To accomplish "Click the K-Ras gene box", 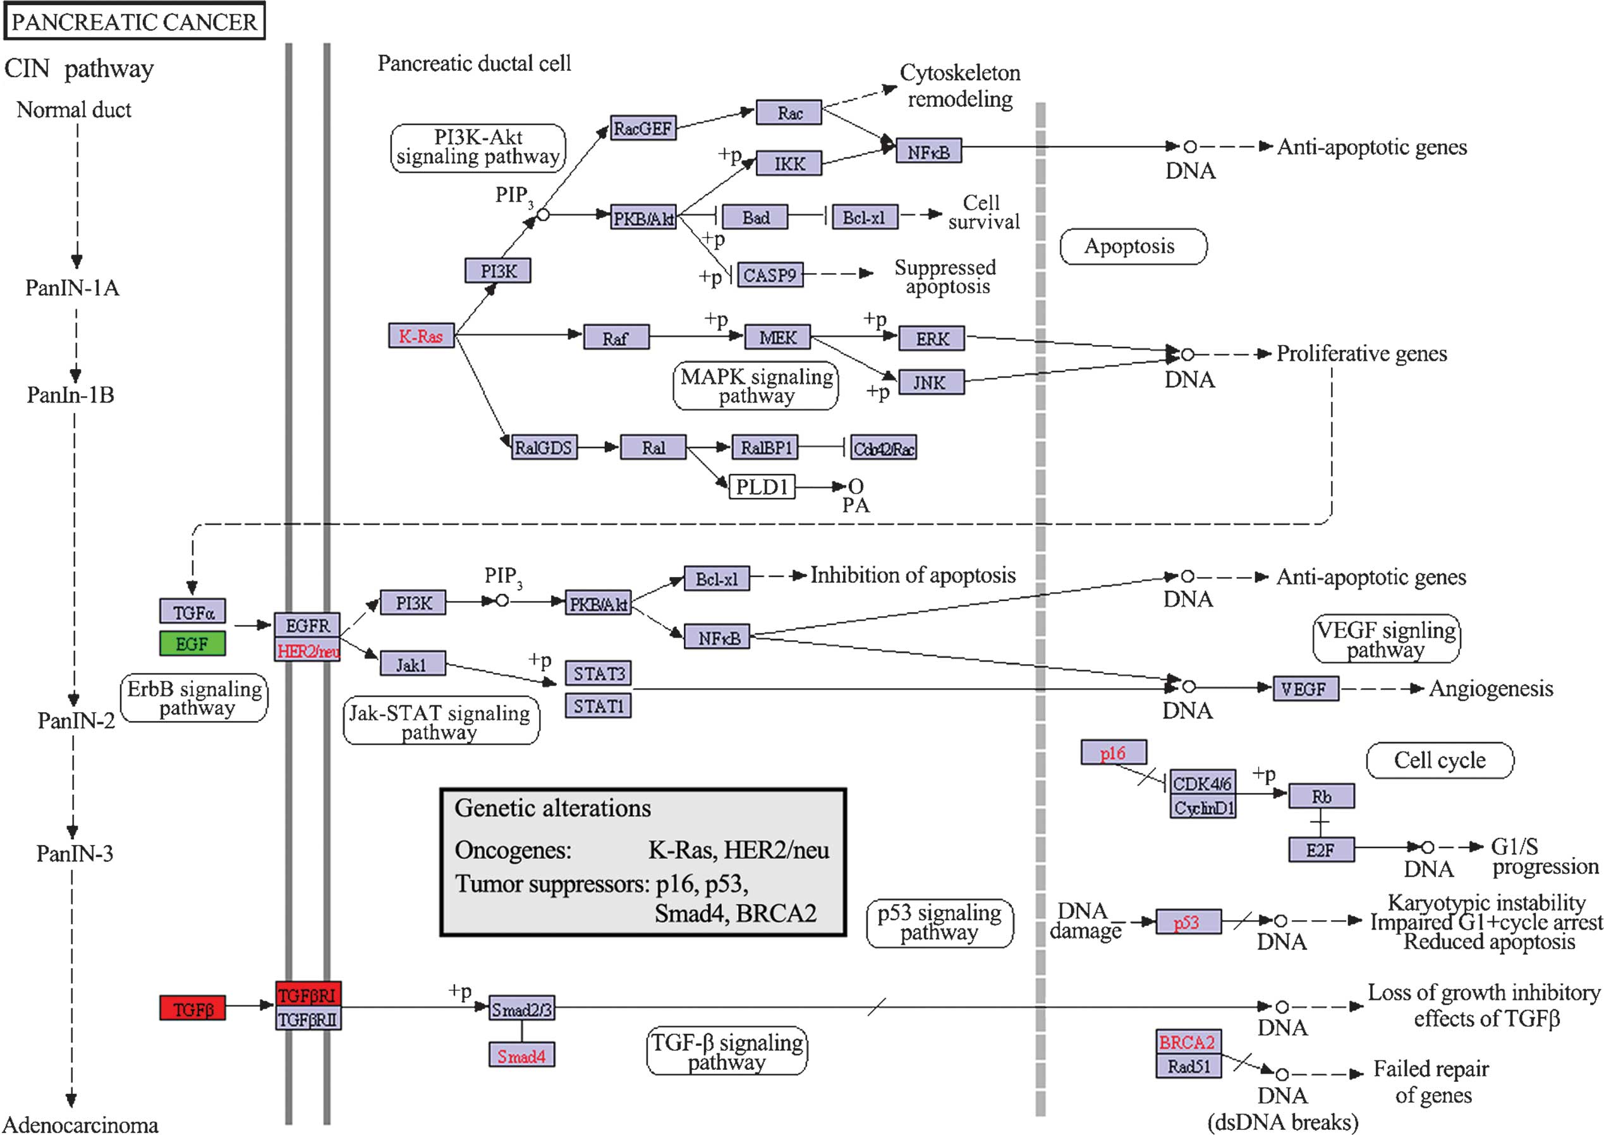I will coord(421,336).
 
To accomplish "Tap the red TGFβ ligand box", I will coord(192,1009).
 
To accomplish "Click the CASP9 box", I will coord(769,275).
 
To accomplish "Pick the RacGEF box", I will coord(642,128).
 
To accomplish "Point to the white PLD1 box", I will coord(762,487).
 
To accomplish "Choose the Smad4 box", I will coord(521,1055).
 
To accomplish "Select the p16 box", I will coord(1114,753).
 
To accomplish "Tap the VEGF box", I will coord(1304,689).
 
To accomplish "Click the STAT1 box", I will coord(598,706).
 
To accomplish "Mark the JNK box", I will coord(930,382).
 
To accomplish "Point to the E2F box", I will coord(1320,850).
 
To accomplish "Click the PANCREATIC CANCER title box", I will coord(134,21).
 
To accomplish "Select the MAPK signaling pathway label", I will coord(756,385).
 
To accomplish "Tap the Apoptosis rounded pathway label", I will coord(1133,246).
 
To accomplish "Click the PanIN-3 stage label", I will coord(75,853).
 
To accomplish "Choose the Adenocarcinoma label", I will coord(81,1124).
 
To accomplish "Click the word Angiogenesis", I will coord(1490,688).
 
